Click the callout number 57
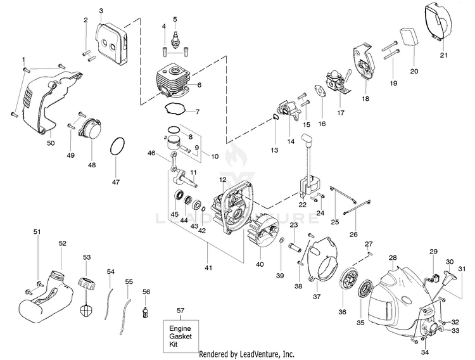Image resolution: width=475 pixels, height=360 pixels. [x=180, y=310]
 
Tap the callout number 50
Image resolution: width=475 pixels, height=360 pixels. [x=51, y=143]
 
